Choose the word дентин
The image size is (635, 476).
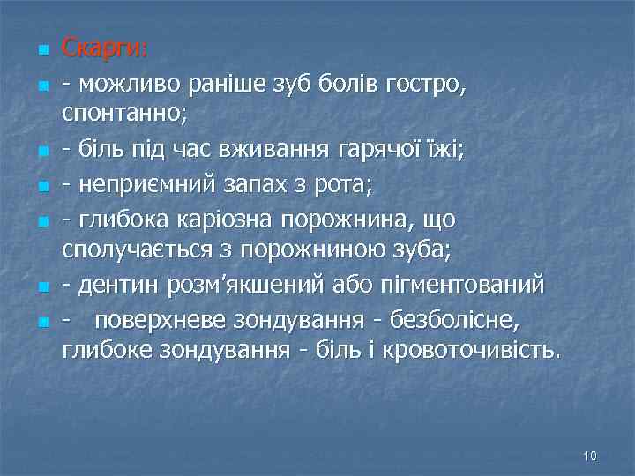[116, 286]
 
